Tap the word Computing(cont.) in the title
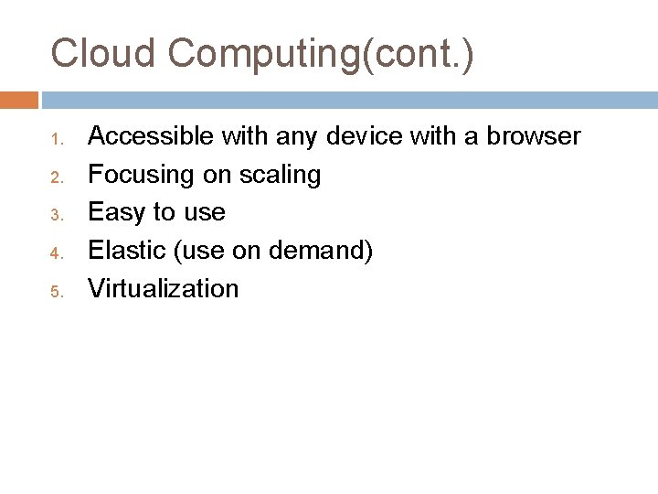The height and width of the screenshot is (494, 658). [x=320, y=55]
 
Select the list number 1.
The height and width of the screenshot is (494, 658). [x=55, y=140]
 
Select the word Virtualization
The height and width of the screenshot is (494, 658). [x=163, y=289]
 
